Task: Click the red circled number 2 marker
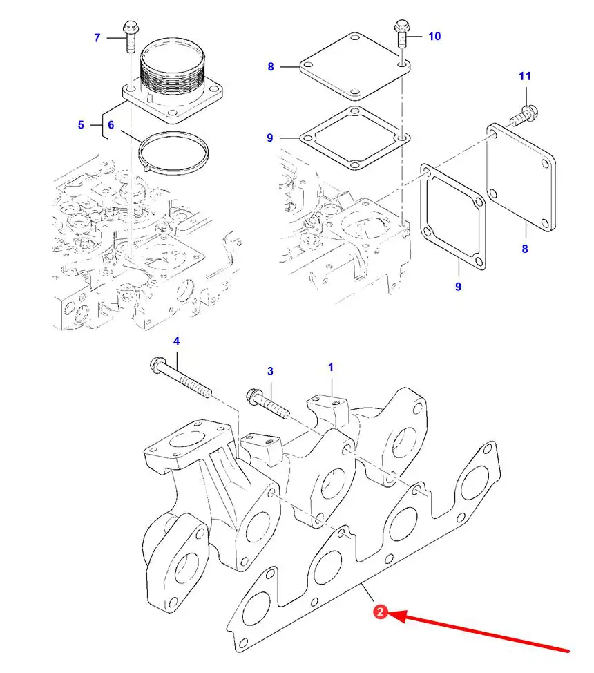(x=381, y=612)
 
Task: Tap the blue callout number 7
(x=97, y=38)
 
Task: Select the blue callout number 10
(x=434, y=36)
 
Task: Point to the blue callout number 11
(x=525, y=76)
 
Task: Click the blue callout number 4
(x=176, y=341)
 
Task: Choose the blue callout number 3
(x=270, y=371)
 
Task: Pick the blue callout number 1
(x=330, y=367)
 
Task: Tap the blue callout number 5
(x=81, y=125)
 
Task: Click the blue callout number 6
(x=111, y=125)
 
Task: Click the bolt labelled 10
(x=402, y=33)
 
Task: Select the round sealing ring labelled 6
(x=173, y=153)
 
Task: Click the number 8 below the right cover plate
(x=524, y=249)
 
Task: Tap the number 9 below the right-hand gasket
(x=458, y=286)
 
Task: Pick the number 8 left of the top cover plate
(x=270, y=66)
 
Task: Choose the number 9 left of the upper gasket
(x=269, y=138)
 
